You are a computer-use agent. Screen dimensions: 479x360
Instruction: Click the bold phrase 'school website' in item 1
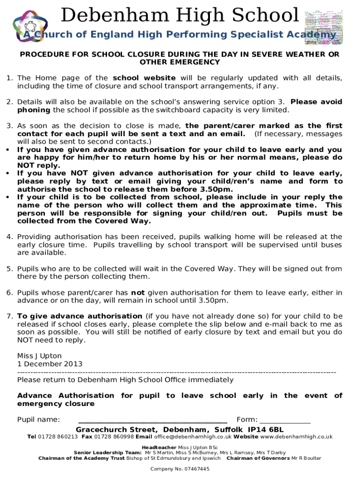point(144,78)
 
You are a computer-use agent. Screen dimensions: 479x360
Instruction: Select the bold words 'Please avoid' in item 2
point(317,102)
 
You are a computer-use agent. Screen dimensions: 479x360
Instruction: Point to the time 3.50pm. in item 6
point(214,300)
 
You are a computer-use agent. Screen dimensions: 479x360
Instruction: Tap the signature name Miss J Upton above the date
point(39,356)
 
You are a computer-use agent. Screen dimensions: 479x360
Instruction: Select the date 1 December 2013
point(50,364)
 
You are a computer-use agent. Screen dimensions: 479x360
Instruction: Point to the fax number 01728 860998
point(114,437)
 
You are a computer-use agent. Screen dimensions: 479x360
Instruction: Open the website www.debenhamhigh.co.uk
point(296,437)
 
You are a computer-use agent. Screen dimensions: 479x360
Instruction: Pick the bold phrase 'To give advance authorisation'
point(80,316)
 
